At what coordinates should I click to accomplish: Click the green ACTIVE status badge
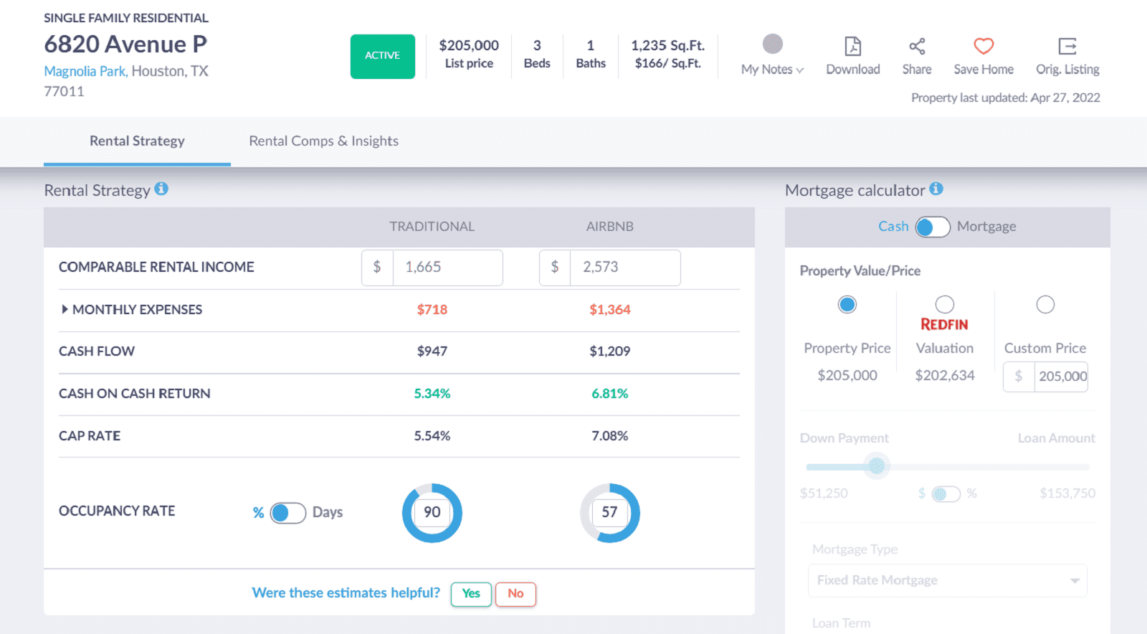click(382, 56)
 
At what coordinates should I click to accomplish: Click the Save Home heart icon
click(984, 47)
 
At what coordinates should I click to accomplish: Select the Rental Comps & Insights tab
click(323, 141)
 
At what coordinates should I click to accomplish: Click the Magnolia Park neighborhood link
click(85, 71)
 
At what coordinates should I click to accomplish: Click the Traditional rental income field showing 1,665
click(446, 268)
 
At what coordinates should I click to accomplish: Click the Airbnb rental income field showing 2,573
click(624, 268)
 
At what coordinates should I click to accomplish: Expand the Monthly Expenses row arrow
click(65, 309)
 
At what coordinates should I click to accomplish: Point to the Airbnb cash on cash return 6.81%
click(609, 394)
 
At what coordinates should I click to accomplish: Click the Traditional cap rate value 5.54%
click(432, 436)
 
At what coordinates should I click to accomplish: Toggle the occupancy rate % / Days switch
click(288, 513)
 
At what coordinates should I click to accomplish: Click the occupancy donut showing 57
click(609, 512)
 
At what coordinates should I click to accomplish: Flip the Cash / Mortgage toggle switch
click(933, 227)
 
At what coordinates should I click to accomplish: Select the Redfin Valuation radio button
click(944, 304)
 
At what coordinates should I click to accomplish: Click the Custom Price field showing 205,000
click(1061, 377)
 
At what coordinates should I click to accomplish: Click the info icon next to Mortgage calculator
click(936, 189)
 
